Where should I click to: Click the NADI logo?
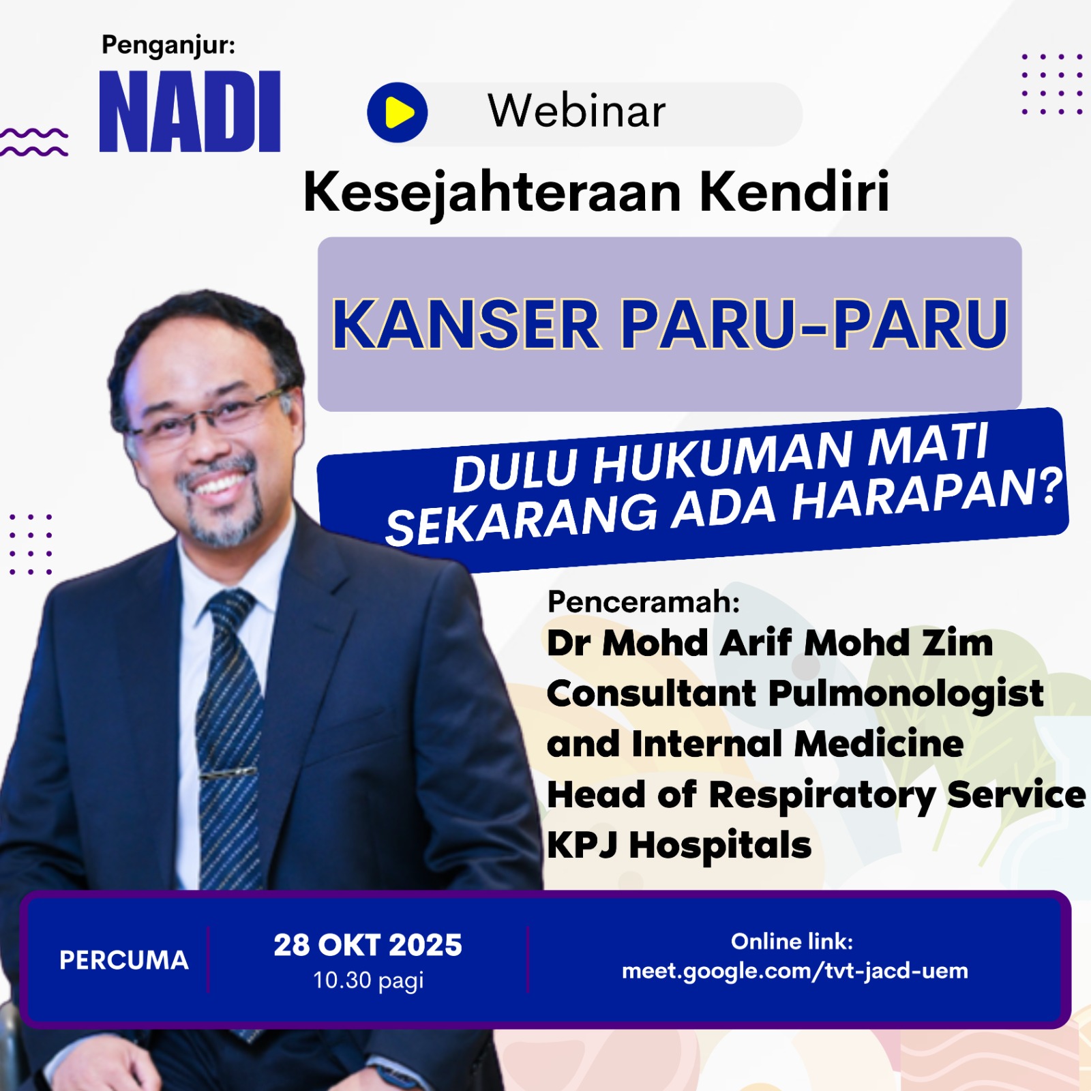pyautogui.click(x=190, y=111)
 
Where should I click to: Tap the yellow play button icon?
pyautogui.click(x=398, y=113)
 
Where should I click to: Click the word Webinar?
pyautogui.click(x=576, y=111)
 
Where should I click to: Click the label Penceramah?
pyautogui.click(x=643, y=602)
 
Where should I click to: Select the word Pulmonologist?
pyautogui.click(x=906, y=695)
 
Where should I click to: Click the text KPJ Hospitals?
pyautogui.click(x=679, y=846)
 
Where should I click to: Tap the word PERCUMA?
pyautogui.click(x=124, y=960)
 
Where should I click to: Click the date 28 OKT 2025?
pyautogui.click(x=368, y=945)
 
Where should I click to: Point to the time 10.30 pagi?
pyautogui.click(x=368, y=981)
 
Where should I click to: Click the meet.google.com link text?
pyautogui.click(x=795, y=971)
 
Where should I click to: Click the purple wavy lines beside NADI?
pyautogui.click(x=34, y=143)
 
